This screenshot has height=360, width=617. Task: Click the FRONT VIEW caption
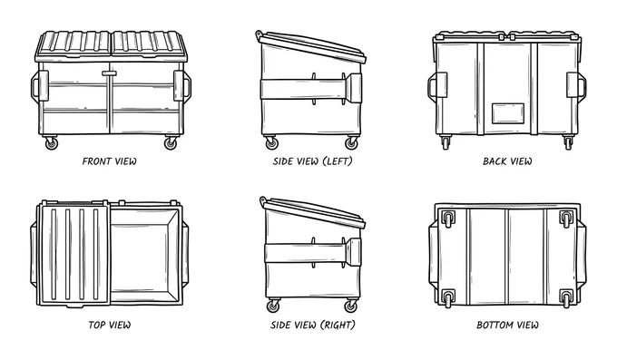[110, 161]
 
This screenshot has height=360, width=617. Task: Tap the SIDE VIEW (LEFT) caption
[313, 161]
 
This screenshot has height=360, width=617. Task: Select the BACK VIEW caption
[507, 161]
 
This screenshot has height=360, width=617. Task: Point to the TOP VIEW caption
[110, 325]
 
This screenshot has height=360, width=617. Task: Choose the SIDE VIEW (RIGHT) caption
[313, 325]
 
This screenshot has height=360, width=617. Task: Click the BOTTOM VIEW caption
[507, 325]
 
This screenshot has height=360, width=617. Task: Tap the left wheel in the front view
[51, 143]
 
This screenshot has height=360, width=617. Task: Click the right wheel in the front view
[171, 143]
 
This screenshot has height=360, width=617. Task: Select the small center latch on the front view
[109, 73]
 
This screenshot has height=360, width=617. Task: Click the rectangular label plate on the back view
[508, 113]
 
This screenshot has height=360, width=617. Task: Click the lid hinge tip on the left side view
[259, 34]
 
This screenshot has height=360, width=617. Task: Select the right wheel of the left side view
[351, 143]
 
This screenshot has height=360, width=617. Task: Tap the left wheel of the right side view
[273, 306]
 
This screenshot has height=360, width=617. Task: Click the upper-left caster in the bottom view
[448, 219]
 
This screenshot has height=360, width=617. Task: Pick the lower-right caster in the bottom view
[566, 298]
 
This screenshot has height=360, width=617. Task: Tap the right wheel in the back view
[568, 142]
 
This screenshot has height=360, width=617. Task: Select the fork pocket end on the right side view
[354, 251]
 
